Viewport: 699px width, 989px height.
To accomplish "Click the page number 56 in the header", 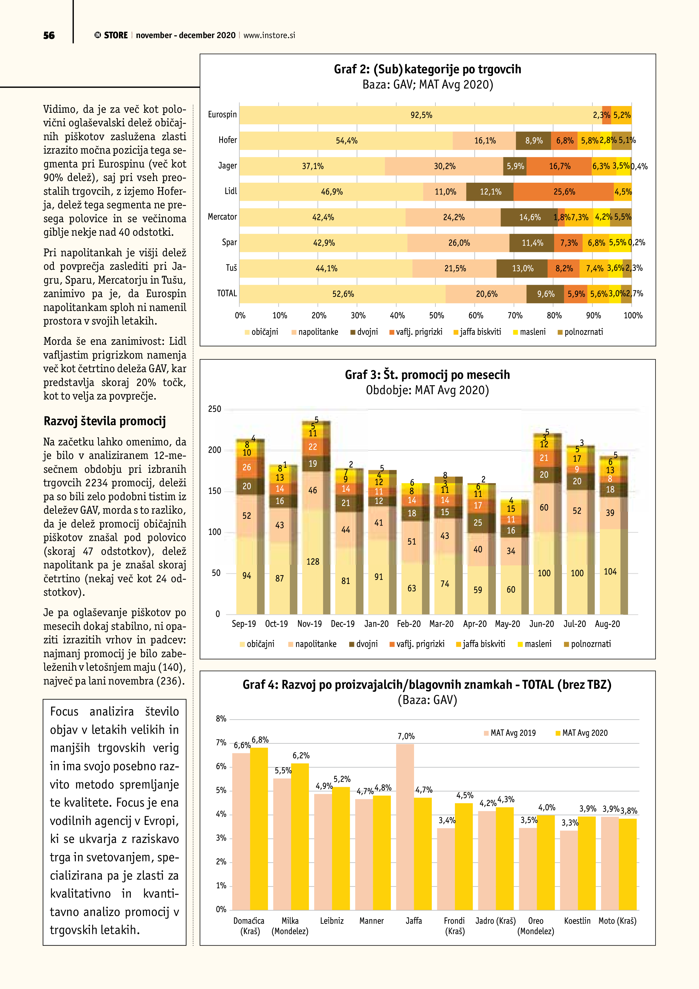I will pyautogui.click(x=49, y=35).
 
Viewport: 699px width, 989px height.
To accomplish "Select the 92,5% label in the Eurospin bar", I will pyautogui.click(x=421, y=115).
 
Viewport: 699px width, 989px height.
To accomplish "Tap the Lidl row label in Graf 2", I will pyautogui.click(x=231, y=191).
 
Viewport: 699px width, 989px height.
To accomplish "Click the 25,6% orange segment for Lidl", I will pyautogui.click(x=564, y=192).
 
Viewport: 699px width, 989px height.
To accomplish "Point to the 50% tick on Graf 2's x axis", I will pyautogui.click(x=436, y=315).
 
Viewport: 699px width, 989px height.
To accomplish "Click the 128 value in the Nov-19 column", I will pyautogui.click(x=313, y=562).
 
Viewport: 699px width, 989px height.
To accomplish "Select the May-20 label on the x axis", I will pyautogui.click(x=507, y=624).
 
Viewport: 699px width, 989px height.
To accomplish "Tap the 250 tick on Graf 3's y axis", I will pyautogui.click(x=214, y=409).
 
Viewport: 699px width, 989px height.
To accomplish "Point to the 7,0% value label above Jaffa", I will pyautogui.click(x=406, y=736).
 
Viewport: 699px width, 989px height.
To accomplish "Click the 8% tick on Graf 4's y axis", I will pyautogui.click(x=221, y=718).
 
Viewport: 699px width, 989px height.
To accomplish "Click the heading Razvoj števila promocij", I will pyautogui.click(x=105, y=421).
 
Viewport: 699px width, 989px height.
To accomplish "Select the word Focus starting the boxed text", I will pyautogui.click(x=64, y=712).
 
